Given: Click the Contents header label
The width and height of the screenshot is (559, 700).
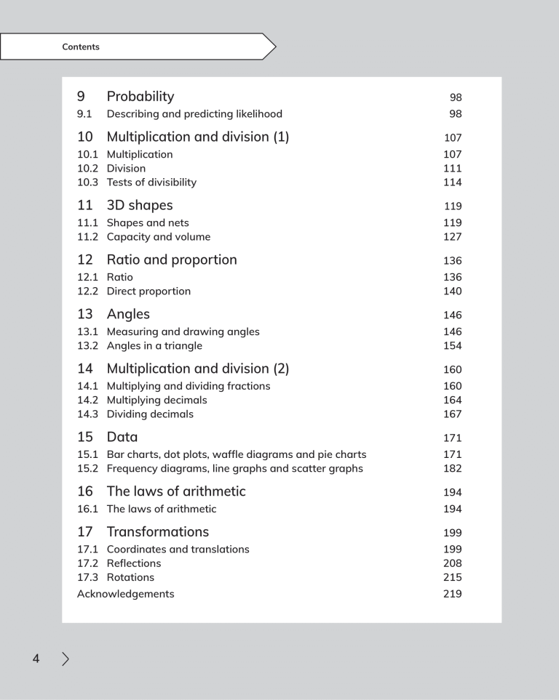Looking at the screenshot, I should coord(81,47).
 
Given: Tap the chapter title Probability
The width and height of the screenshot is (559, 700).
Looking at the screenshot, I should coord(140,97).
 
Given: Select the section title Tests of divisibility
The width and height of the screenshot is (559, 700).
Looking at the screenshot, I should coord(151,182).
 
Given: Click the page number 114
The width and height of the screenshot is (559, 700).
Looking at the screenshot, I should coord(452,182).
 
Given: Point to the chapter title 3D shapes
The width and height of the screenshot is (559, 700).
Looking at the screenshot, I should coord(140,206).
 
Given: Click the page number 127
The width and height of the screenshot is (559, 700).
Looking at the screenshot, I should coord(452,237).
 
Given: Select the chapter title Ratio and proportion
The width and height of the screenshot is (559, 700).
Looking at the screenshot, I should coord(172,260).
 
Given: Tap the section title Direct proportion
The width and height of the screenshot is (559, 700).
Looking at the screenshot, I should coord(148,291).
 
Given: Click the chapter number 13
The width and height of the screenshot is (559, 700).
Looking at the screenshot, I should coord(85,315).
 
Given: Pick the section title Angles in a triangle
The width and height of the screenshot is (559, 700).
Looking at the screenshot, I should coord(154,346).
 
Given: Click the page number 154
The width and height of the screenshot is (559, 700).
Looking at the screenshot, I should coord(452,346).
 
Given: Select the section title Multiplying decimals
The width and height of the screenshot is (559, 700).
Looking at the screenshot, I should coord(156,401).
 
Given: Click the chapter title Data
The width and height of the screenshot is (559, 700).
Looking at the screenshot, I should coord(122,438).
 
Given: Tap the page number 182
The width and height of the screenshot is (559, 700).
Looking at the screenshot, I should coord(452,469).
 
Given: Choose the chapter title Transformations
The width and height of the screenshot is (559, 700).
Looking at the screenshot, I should coord(158,532).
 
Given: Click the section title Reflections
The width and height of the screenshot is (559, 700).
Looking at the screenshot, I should coord(134,563).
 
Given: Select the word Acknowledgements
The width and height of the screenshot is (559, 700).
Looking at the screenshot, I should coord(126,594).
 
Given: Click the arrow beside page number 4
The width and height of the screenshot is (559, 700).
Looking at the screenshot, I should coord(66,659).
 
